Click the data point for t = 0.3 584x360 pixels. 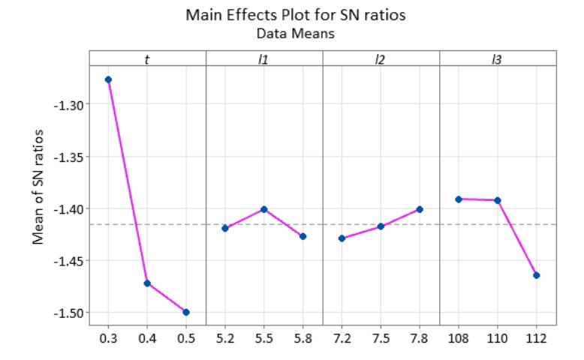[x=108, y=79]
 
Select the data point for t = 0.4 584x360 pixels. [x=147, y=283]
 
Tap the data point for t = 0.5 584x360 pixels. [x=186, y=312]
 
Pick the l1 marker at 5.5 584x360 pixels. [x=264, y=209]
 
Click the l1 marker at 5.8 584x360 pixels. [x=303, y=236]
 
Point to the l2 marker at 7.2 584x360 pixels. [x=342, y=238]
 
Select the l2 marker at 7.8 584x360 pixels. [x=420, y=209]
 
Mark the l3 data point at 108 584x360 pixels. [x=459, y=199]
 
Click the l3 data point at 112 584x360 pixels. [x=536, y=275]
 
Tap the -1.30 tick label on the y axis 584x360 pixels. [x=69, y=106]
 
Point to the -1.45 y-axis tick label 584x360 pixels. [x=69, y=261]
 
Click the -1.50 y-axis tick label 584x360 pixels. [x=69, y=313]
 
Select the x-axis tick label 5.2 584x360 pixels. [x=225, y=338]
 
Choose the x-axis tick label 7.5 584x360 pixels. [x=381, y=338]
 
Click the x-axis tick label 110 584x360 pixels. [x=498, y=338]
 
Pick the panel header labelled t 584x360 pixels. [x=147, y=59]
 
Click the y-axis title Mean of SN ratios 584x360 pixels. [x=38, y=187]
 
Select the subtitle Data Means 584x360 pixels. [x=296, y=34]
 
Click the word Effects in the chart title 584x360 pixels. [x=257, y=15]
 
